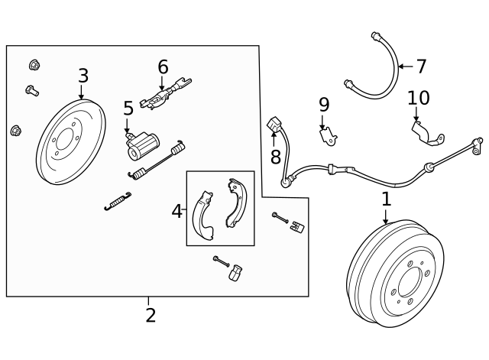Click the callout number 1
click(386, 199)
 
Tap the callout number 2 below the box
click(151, 314)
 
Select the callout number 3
click(83, 76)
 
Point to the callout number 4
click(176, 211)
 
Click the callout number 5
click(128, 109)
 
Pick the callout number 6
click(163, 66)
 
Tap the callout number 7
click(421, 66)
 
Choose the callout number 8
click(276, 157)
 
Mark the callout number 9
click(323, 104)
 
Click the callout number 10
click(419, 98)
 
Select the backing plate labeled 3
click(70, 141)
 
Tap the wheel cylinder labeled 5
click(143, 144)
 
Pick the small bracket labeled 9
click(328, 135)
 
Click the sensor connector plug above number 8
click(275, 124)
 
